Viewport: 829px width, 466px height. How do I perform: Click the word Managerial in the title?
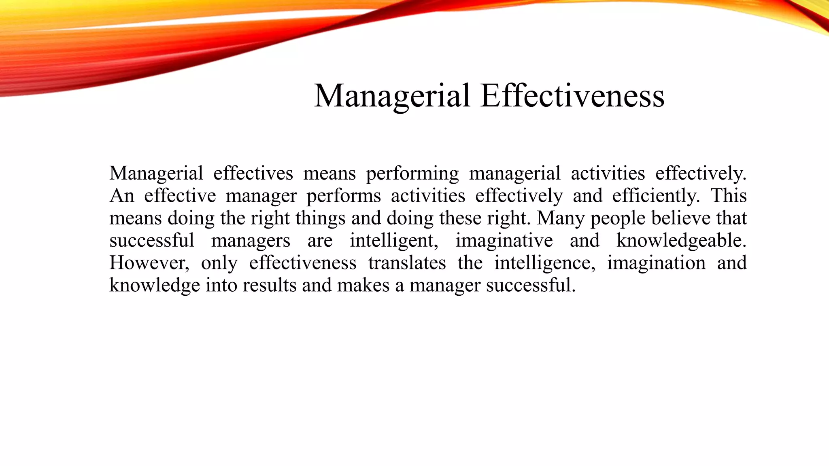pos(392,96)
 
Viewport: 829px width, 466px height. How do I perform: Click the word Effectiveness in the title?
pos(572,96)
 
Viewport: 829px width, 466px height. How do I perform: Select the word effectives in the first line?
pos(253,174)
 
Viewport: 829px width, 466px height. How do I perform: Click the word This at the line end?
pos(729,196)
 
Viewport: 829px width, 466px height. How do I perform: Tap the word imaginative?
pos(504,241)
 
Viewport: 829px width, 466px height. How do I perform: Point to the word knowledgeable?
pos(681,241)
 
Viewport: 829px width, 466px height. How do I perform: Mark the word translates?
pos(407,263)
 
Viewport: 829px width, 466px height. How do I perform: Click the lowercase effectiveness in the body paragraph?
pos(302,263)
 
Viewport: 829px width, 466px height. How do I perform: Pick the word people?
pos(618,219)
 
